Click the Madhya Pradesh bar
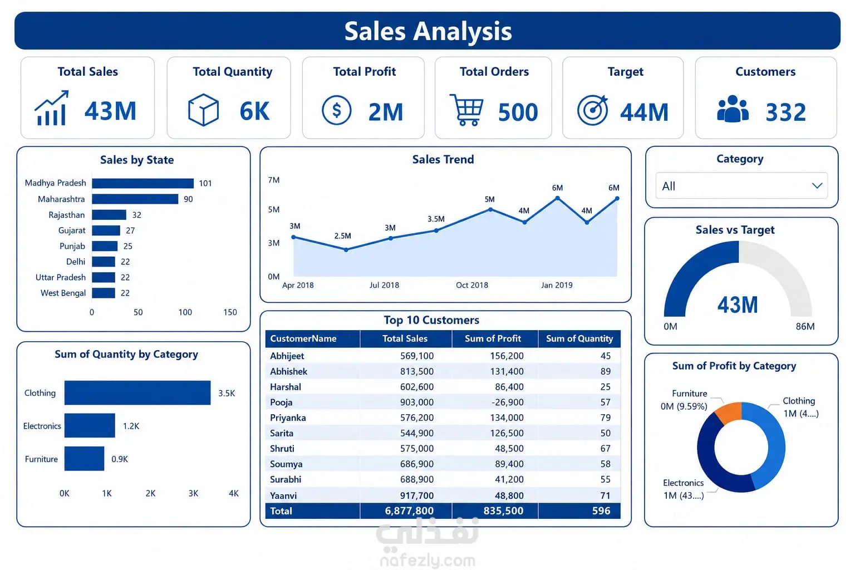click(x=142, y=183)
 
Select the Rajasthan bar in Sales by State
click(x=109, y=214)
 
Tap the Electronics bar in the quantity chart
click(x=90, y=425)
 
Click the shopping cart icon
click(x=466, y=110)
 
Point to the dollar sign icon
click(x=336, y=110)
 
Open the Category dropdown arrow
click(x=817, y=186)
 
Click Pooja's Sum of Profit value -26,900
click(x=507, y=402)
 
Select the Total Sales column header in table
click(x=405, y=338)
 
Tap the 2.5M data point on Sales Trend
click(x=346, y=250)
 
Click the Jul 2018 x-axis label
click(x=384, y=285)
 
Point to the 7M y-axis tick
click(x=274, y=180)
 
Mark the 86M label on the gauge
click(x=805, y=326)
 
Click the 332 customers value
click(x=786, y=112)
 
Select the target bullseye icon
click(x=593, y=110)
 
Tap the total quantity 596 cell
click(x=601, y=511)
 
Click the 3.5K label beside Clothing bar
click(x=227, y=393)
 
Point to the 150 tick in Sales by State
click(x=230, y=312)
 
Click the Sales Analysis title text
click(x=428, y=31)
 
